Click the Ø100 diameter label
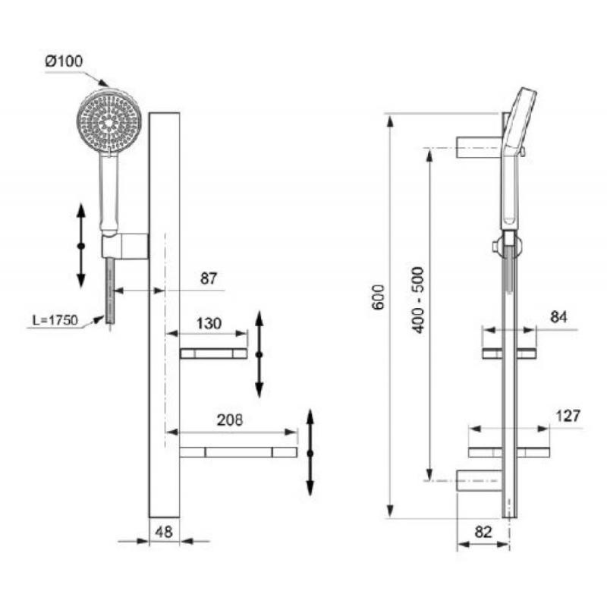[64, 61]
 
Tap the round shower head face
[109, 122]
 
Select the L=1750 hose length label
[55, 320]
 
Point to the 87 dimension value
[209, 278]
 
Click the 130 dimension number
[209, 323]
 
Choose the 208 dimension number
[230, 420]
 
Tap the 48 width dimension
[163, 532]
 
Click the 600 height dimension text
[379, 297]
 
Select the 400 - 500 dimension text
[418, 300]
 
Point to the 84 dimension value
[558, 316]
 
